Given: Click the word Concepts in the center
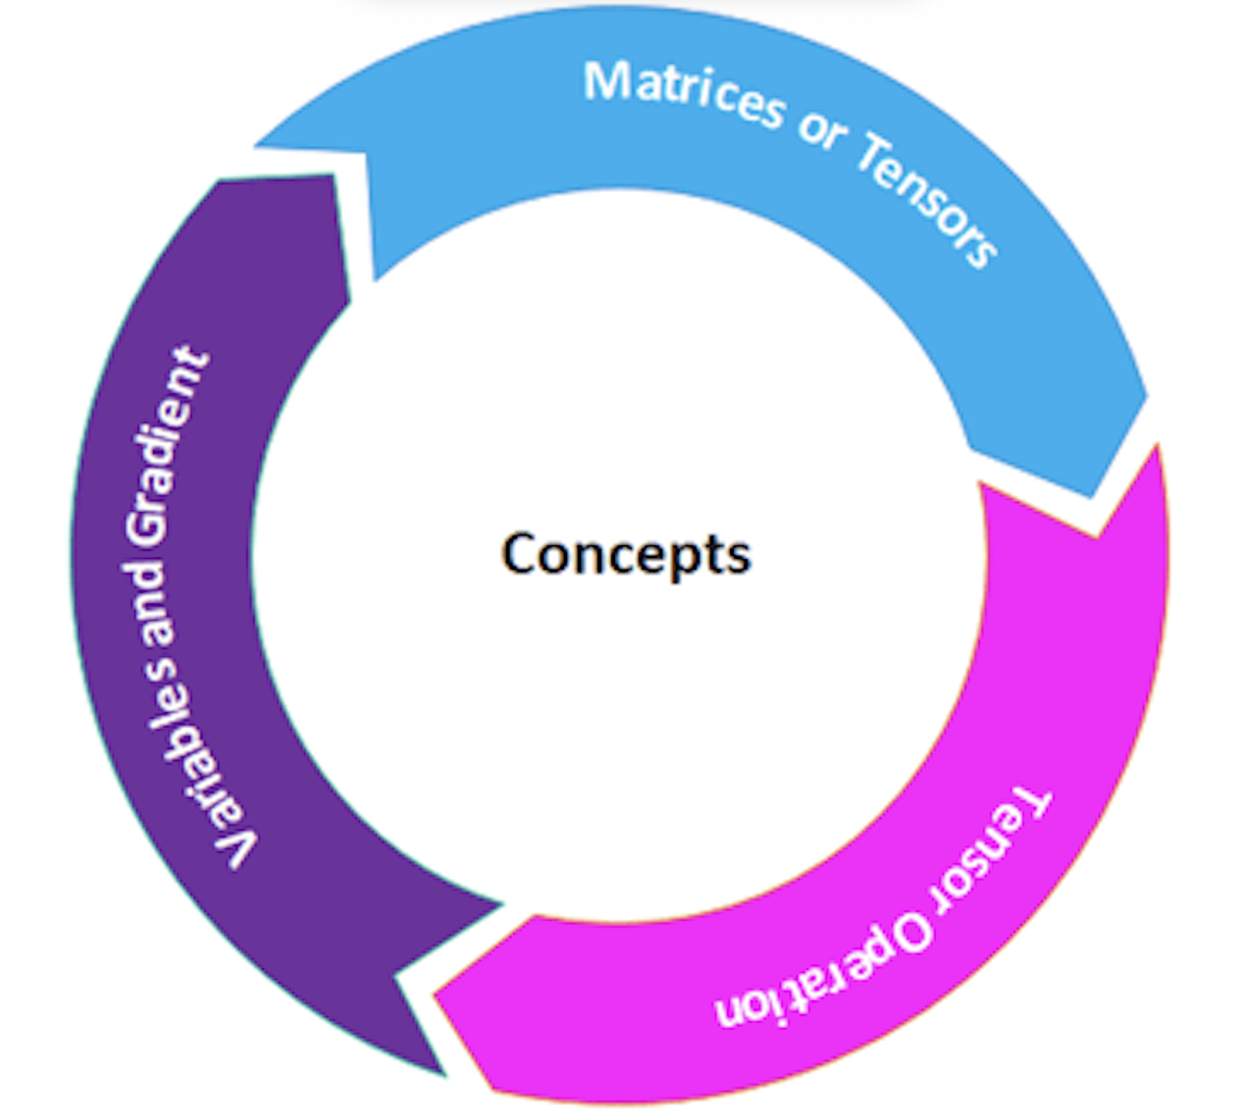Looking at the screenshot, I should [x=625, y=553].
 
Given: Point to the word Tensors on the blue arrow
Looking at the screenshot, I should [x=927, y=201].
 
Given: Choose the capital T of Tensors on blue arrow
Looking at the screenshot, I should [x=876, y=158].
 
